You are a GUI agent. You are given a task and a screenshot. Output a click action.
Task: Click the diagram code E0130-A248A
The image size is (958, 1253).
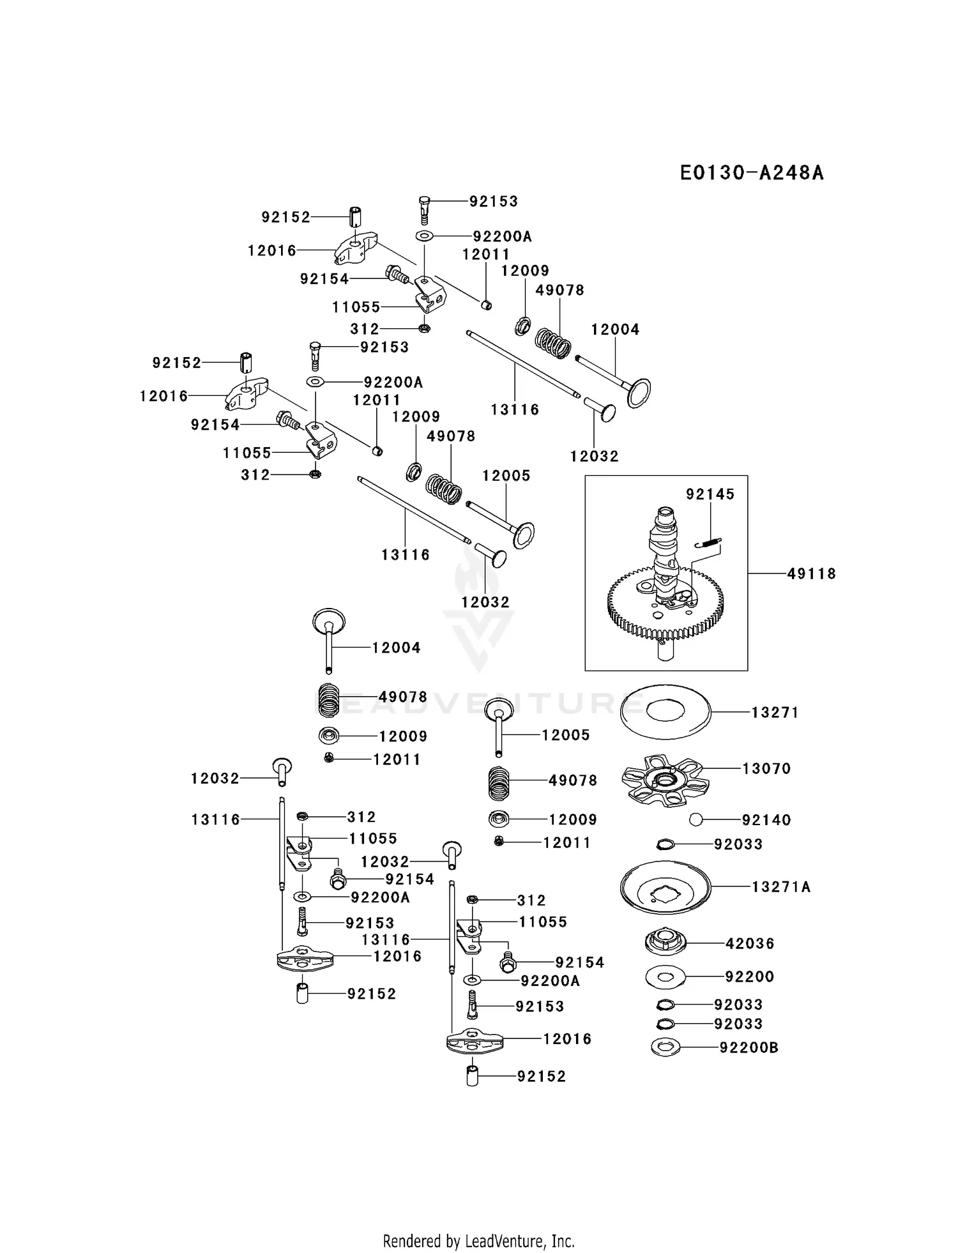click(752, 173)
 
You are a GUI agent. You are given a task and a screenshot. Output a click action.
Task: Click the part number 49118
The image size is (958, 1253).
click(811, 573)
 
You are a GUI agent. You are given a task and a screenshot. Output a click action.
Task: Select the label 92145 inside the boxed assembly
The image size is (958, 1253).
click(710, 494)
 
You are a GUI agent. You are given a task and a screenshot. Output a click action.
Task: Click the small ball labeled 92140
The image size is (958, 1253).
click(696, 819)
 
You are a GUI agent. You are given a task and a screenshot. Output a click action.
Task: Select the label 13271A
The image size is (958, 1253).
click(780, 886)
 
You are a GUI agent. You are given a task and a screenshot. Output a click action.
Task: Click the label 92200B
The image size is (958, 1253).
click(749, 1047)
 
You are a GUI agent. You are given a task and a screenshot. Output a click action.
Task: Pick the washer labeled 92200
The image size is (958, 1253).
click(665, 976)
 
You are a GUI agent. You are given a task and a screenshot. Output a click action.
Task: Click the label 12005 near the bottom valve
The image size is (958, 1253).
click(565, 735)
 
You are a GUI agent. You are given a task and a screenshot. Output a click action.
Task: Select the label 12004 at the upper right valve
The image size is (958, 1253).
click(614, 330)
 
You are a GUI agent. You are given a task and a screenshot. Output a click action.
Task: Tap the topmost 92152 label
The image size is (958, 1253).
click(285, 217)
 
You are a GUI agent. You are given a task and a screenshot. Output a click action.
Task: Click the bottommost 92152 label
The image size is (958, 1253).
click(542, 1076)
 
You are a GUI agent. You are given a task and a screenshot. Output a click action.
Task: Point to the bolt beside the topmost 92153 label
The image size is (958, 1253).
click(425, 209)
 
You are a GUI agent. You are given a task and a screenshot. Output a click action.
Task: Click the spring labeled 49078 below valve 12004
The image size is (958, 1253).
click(330, 699)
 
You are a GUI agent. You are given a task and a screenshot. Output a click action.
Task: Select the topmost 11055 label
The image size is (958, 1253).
click(356, 307)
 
